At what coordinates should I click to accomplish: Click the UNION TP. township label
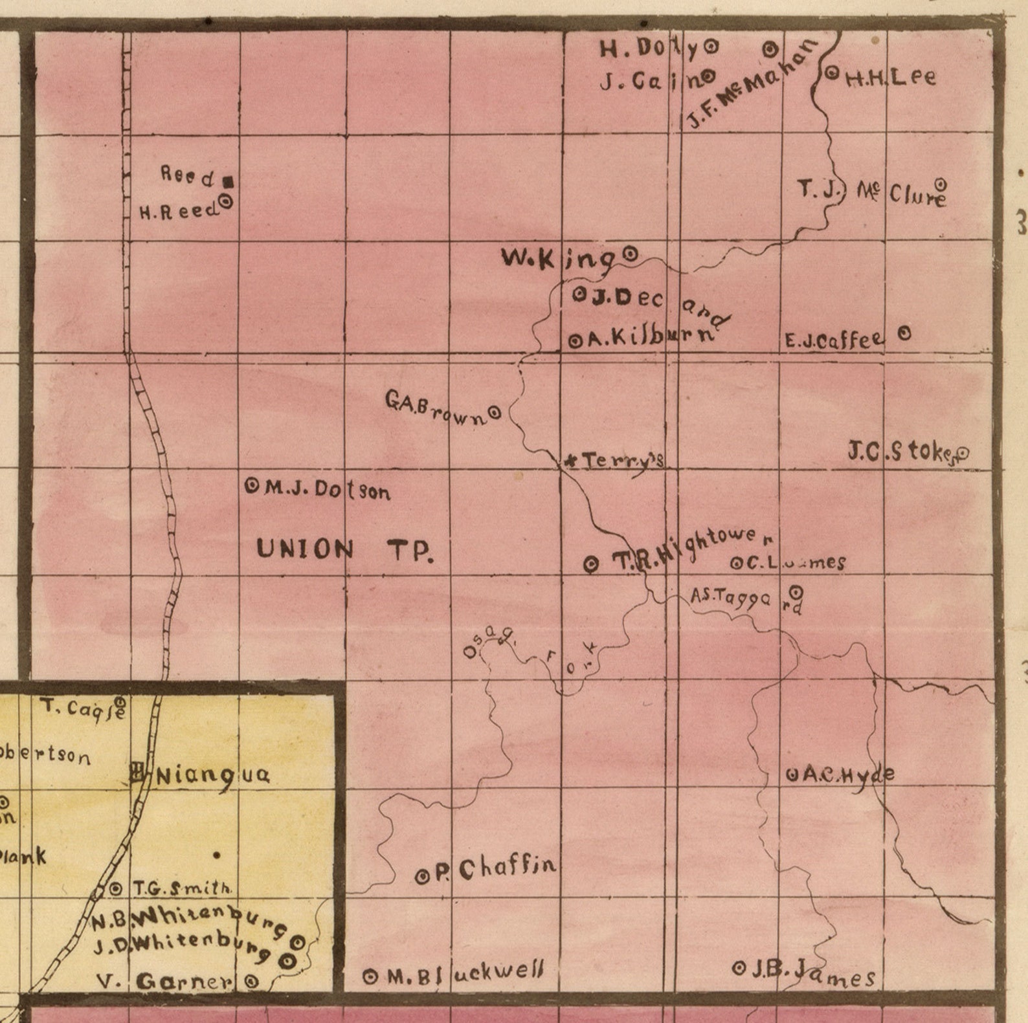click(x=344, y=550)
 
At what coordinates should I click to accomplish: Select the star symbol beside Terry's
click(x=571, y=461)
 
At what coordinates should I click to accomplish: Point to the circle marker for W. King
click(x=629, y=254)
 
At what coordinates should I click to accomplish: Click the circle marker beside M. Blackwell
click(x=370, y=977)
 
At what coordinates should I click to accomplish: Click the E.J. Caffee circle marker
click(x=904, y=334)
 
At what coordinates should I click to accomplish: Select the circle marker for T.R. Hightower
click(x=591, y=565)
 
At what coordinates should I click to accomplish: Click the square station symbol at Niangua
click(x=137, y=771)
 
